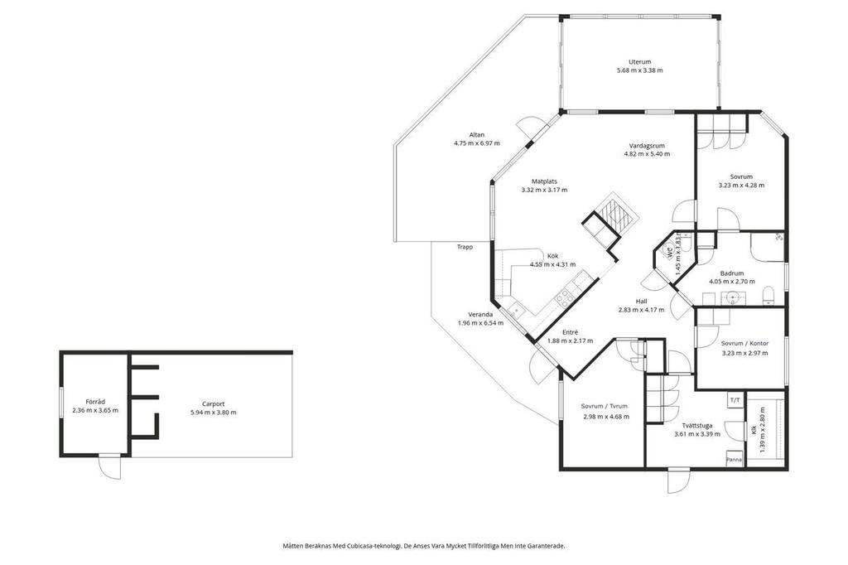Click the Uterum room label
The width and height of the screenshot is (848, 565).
click(x=640, y=61)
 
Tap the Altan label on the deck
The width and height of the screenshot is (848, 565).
click(x=476, y=135)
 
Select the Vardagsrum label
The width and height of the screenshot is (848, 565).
click(x=647, y=146)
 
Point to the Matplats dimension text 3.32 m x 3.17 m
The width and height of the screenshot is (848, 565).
click(x=544, y=190)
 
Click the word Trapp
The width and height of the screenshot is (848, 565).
click(x=465, y=247)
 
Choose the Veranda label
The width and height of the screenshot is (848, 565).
click(x=480, y=315)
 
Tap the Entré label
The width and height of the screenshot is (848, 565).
click(x=570, y=332)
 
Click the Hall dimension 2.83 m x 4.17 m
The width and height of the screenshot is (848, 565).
click(x=641, y=310)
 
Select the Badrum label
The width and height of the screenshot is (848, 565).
click(x=732, y=273)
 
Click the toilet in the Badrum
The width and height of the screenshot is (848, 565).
click(x=768, y=297)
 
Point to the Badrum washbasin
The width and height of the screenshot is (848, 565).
click(x=733, y=297)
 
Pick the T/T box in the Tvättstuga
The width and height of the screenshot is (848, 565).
click(x=735, y=401)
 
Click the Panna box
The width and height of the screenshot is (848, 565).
click(x=734, y=459)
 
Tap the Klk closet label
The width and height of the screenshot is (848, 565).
click(x=754, y=430)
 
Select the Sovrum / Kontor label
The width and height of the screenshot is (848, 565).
click(x=744, y=343)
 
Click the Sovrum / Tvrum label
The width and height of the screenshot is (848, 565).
click(x=604, y=406)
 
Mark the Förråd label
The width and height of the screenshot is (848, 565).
click(x=95, y=402)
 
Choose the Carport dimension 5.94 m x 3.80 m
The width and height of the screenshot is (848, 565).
click(x=213, y=413)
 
